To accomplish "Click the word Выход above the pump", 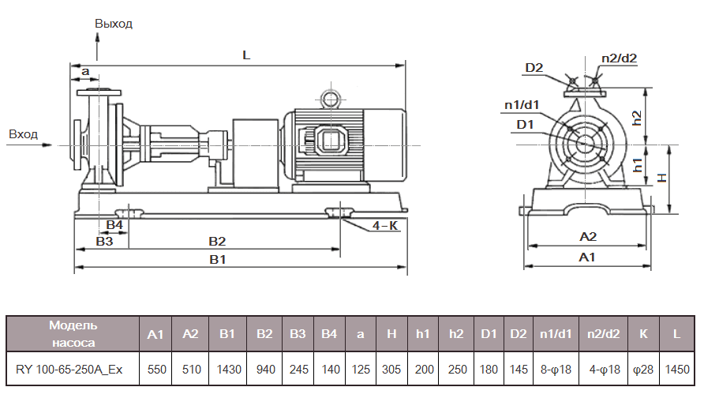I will click(114, 24).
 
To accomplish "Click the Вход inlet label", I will click(23, 134).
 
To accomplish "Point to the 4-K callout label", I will click(384, 226).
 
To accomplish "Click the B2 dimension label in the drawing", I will click(217, 240).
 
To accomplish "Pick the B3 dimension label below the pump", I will click(104, 242).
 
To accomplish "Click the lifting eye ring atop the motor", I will click(328, 98).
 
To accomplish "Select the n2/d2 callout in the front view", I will click(619, 58).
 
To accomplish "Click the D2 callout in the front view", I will click(534, 67).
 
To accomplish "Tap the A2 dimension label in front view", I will click(588, 236).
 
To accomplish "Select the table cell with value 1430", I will click(227, 369).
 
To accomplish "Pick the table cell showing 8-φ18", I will click(556, 369).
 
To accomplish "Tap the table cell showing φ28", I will click(643, 369).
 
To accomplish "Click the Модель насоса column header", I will click(73, 334).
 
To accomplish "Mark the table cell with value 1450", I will click(676, 369).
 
